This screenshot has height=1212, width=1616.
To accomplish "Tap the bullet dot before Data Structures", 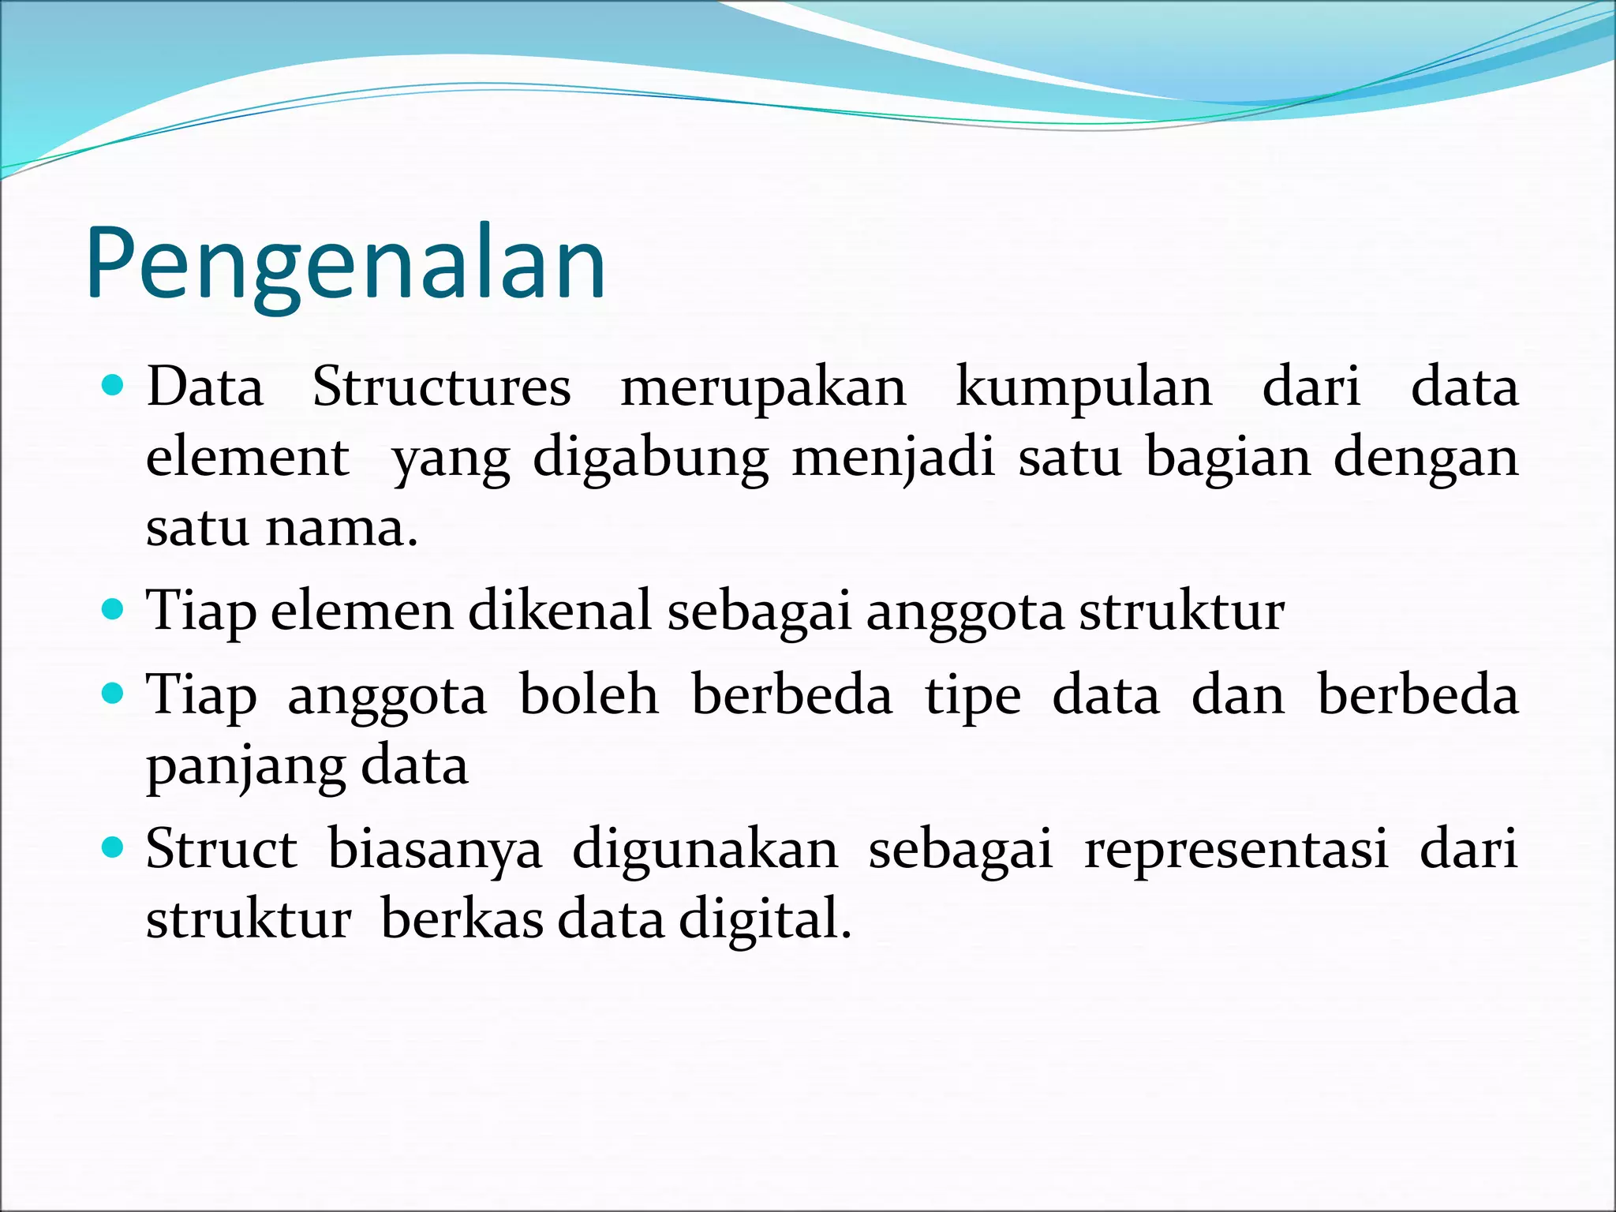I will [114, 386].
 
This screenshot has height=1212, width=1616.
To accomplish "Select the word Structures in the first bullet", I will [441, 388].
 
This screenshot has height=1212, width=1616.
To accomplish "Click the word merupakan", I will [763, 388].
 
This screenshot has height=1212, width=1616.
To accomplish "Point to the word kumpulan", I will [1083, 388].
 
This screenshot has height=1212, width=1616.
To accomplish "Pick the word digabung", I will [650, 459].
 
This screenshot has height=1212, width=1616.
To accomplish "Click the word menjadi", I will [893, 459].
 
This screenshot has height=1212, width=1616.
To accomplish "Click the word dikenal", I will [559, 611].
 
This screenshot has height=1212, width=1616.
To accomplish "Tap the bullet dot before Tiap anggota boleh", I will [114, 694].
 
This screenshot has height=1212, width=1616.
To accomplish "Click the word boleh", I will [589, 695].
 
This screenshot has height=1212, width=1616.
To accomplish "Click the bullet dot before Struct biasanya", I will [114, 848].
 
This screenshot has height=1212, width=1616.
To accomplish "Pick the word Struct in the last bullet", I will [222, 850].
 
